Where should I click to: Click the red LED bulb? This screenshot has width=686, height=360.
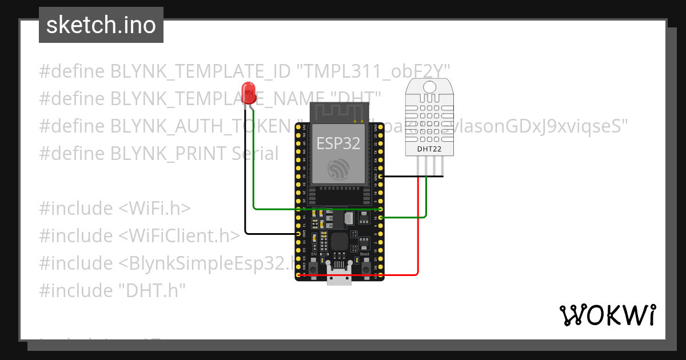(x=249, y=92)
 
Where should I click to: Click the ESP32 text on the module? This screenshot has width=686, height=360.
(x=338, y=143)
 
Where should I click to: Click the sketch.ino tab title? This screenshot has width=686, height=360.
(x=101, y=25)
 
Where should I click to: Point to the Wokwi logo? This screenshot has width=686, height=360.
(x=607, y=315)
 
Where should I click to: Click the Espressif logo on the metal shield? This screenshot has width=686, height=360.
(x=338, y=169)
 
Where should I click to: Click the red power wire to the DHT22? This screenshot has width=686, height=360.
(x=419, y=229)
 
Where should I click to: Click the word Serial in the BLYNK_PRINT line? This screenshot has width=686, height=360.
(x=255, y=154)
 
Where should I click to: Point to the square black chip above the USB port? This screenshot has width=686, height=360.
(x=339, y=241)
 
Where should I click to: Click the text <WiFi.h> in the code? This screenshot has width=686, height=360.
(x=154, y=209)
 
